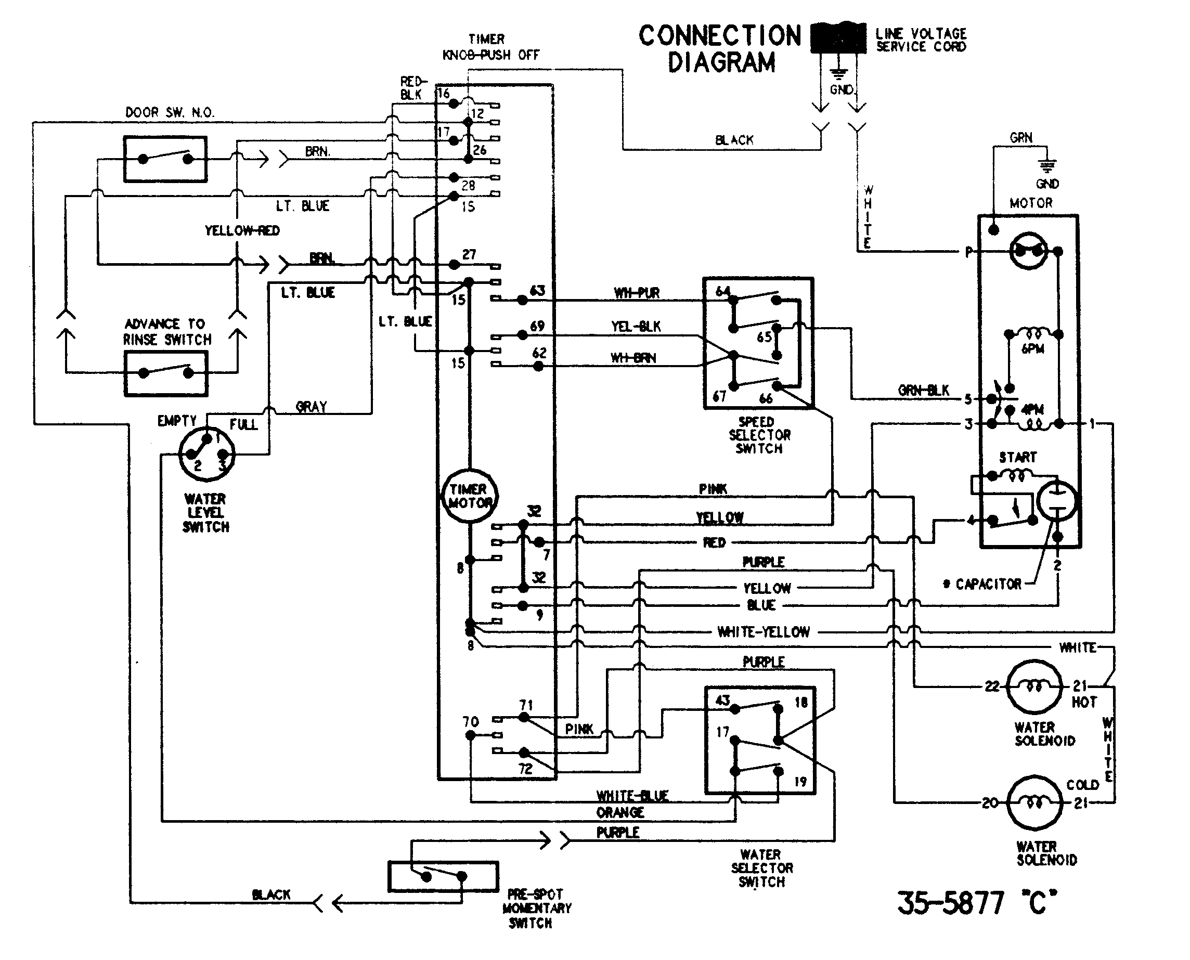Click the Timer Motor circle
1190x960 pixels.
pos(470,496)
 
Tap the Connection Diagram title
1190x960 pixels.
pos(720,49)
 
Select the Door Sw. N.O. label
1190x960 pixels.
pos(170,112)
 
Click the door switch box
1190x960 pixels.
pos(165,159)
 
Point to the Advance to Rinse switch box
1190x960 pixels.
pos(166,373)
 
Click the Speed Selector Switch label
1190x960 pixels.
pos(759,435)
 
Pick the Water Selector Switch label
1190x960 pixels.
pos(761,867)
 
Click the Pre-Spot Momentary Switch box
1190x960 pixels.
pos(443,876)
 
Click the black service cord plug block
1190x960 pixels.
pos(838,38)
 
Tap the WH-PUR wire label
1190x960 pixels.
pos(637,293)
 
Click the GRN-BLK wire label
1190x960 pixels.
pos(923,391)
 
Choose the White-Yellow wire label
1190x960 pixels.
pos(763,632)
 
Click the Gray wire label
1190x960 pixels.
pos(312,407)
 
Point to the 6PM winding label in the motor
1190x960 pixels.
pos(1032,349)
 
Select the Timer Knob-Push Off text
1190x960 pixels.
pos(490,47)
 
